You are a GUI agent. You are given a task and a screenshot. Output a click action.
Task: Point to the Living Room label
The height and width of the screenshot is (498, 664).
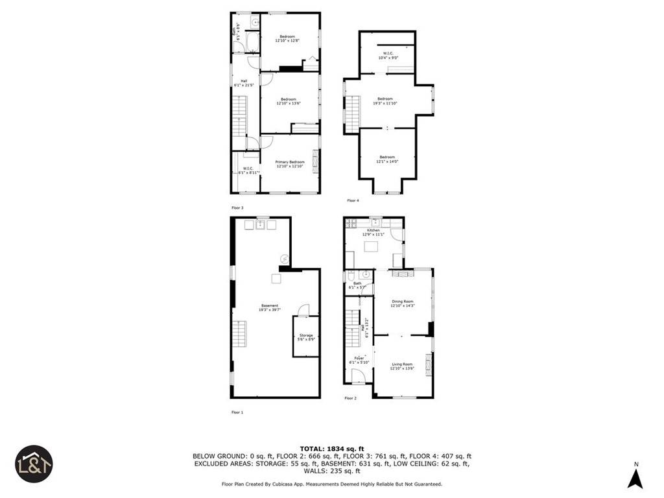pyautogui.click(x=401, y=366)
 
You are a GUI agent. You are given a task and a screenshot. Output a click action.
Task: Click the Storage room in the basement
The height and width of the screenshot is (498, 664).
pyautogui.click(x=305, y=337)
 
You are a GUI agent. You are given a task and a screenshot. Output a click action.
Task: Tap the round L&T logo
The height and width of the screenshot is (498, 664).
pyautogui.click(x=34, y=464)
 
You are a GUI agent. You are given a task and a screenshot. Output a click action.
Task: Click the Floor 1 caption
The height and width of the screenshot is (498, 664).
pyautogui.click(x=237, y=412)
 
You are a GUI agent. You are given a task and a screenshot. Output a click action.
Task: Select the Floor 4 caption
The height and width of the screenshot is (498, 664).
pyautogui.click(x=353, y=200)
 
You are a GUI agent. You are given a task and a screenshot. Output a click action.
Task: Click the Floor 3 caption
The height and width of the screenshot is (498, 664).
pyautogui.click(x=237, y=207)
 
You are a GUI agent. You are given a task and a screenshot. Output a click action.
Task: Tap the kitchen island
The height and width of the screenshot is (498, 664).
pyautogui.click(x=372, y=246)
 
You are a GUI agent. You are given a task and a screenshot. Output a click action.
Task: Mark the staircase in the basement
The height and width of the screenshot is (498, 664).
pyautogui.click(x=240, y=337)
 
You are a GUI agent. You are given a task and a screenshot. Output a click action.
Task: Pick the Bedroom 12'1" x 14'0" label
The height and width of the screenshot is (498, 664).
pyautogui.click(x=387, y=159)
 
